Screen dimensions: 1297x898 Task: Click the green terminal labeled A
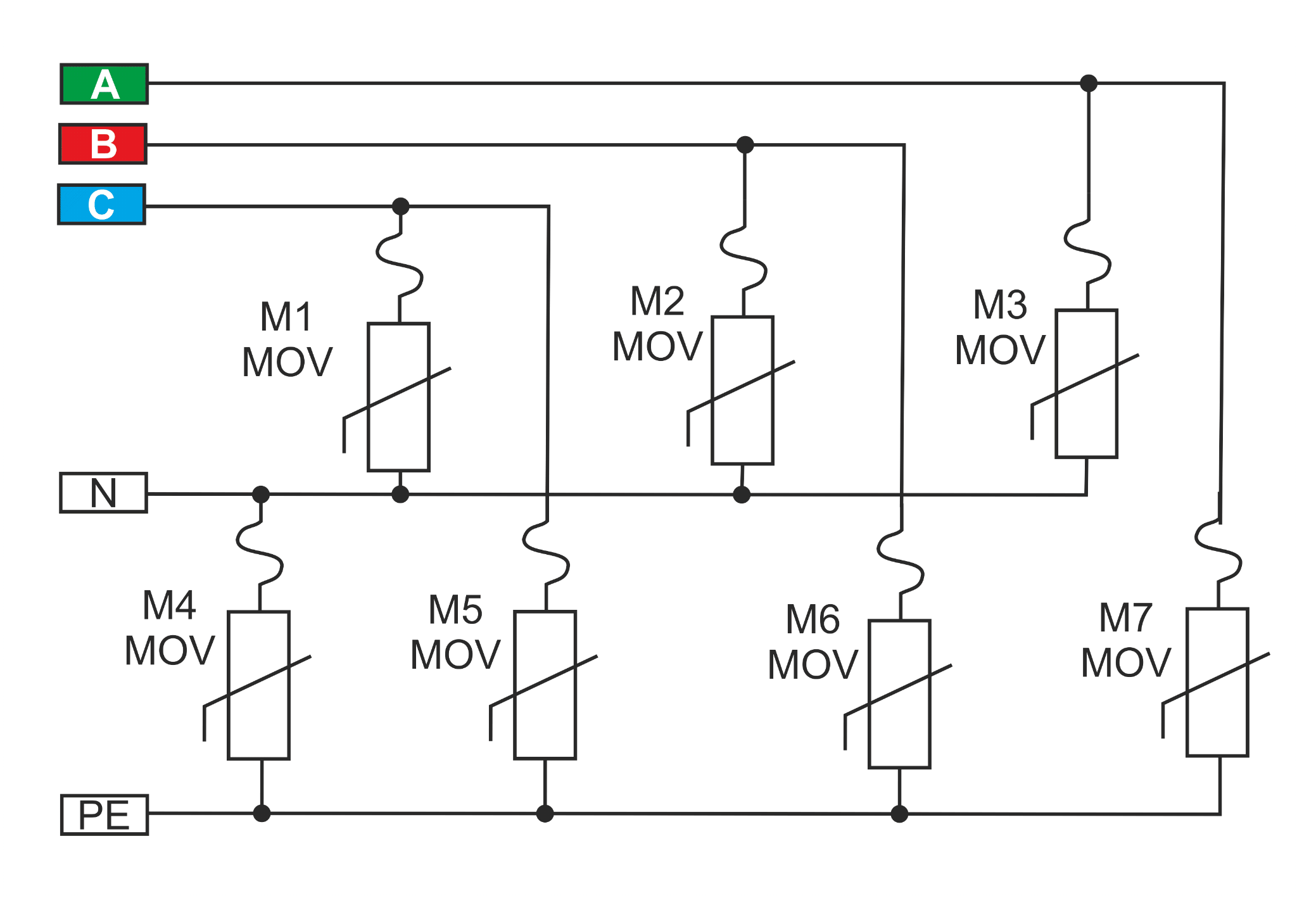pos(104,84)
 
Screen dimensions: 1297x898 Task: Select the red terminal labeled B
pos(103,144)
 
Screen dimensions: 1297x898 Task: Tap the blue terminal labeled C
pos(101,204)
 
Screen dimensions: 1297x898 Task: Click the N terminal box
pos(103,493)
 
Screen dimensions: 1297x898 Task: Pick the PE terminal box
pos(104,815)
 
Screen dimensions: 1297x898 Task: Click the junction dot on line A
pos(1089,83)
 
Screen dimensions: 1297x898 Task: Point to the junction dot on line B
pos(745,145)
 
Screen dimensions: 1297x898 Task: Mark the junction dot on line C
pos(401,206)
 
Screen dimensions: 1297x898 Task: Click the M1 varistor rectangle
pos(399,397)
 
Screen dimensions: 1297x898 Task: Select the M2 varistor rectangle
pos(743,390)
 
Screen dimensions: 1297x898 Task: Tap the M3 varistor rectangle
pos(1087,383)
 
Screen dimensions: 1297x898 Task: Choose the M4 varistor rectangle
pos(259,685)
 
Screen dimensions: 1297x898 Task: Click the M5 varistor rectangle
pos(545,685)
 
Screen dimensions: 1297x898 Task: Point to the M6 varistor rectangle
pos(900,694)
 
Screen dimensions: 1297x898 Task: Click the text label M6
pos(813,619)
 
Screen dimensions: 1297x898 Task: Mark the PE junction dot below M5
pos(545,814)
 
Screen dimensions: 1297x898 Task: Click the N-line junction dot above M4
pos(261,495)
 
